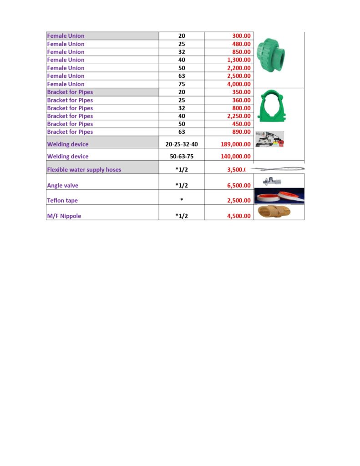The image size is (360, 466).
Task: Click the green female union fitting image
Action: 271,54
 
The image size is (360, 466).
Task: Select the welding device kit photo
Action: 270,139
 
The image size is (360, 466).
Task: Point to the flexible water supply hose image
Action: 278,169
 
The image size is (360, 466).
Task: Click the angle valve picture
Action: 269,182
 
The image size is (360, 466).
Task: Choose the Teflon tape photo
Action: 279,196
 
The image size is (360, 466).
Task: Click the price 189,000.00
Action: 233,144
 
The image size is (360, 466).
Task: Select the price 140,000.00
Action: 233,157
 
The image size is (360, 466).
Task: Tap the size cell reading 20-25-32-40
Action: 182,144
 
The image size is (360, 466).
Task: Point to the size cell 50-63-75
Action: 182,157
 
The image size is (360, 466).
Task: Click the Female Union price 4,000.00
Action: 238,84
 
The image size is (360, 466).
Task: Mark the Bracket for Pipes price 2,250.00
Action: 238,116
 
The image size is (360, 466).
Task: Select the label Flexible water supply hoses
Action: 84,170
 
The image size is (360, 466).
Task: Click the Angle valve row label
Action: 63,186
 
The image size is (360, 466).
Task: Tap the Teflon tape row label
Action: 62,201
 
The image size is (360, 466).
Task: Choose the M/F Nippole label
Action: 64,216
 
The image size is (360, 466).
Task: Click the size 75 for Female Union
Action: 182,84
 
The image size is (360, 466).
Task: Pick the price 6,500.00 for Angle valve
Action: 238,186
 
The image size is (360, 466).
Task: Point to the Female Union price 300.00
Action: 241,36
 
